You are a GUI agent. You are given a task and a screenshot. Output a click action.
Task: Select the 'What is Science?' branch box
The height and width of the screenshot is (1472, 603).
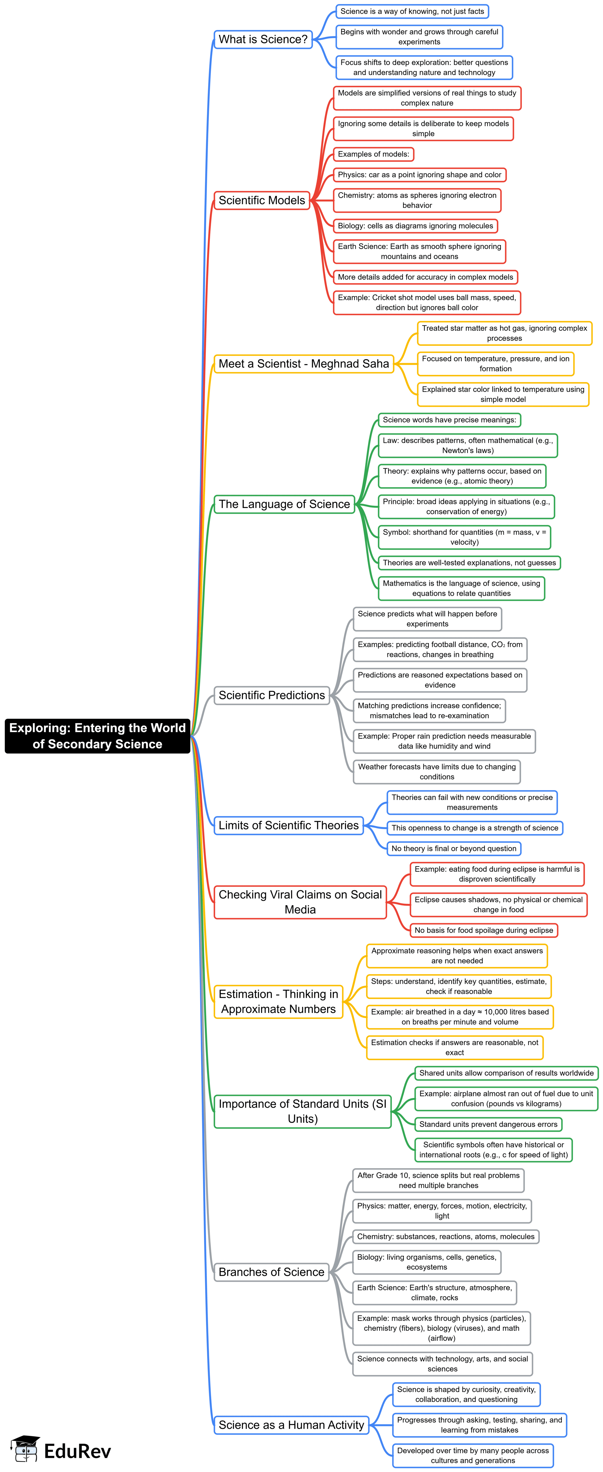pos(263,39)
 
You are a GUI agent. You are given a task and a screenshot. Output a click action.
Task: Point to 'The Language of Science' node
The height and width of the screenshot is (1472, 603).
pos(284,504)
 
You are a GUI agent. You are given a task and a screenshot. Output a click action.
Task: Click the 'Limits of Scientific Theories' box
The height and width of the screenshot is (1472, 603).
pos(289,825)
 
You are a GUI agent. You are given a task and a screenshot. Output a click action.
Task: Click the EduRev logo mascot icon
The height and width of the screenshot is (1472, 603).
pos(25,1449)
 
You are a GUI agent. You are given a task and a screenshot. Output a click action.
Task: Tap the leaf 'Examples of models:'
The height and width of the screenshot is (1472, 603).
pos(373,154)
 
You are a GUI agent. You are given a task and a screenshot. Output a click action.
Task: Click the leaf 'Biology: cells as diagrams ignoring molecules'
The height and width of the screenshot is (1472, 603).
pos(415,226)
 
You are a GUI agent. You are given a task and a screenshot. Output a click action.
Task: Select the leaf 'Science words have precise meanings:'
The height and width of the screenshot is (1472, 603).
pos(449,420)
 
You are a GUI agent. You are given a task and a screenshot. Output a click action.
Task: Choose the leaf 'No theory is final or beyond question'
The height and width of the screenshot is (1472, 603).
pos(454,849)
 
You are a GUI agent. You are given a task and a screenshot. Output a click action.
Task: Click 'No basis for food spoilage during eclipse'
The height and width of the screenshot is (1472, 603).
pos(483,930)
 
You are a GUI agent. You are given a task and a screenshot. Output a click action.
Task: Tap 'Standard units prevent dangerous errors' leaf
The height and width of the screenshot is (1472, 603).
pos(488,1124)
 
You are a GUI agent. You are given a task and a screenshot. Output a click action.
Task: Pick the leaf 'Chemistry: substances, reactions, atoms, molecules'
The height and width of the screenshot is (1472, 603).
pos(446,1237)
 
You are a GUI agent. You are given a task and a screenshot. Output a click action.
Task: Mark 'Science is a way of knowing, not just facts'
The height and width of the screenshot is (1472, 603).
pos(412,12)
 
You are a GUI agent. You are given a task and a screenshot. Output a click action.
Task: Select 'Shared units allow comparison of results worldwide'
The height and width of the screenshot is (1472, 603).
pos(507,1073)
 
